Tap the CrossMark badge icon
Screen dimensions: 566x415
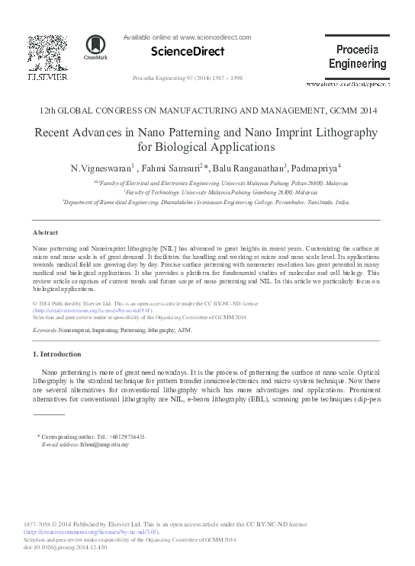(95, 46)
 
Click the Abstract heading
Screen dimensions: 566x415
(47, 232)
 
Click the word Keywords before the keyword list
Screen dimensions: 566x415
(47, 331)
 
